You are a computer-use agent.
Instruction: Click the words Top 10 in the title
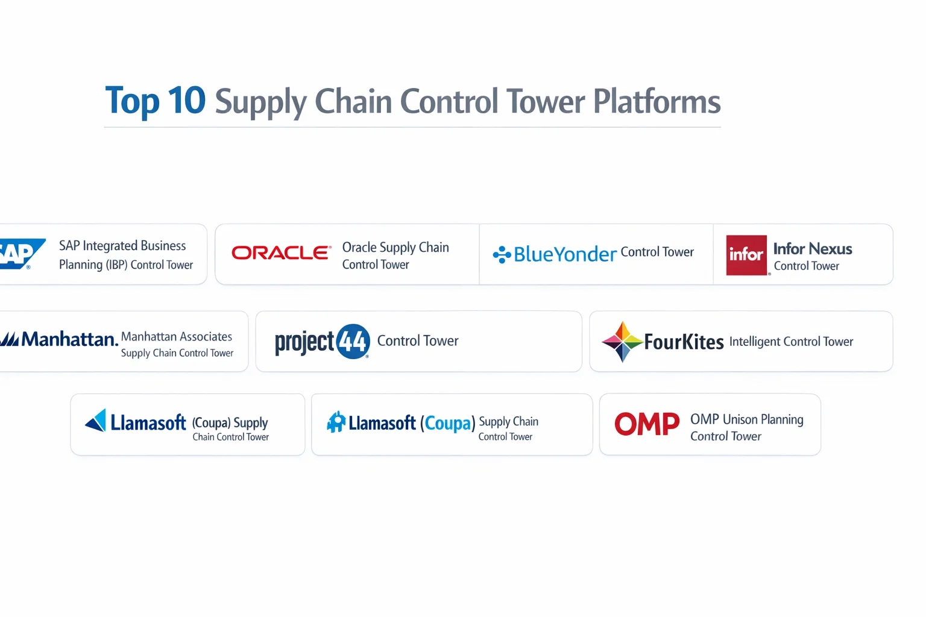[155, 100]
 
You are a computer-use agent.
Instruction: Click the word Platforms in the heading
[657, 101]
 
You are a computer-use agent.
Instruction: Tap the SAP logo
[22, 254]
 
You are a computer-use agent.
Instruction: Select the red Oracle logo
[282, 252]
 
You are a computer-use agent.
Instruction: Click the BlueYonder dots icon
[502, 254]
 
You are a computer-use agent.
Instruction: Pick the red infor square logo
[746, 255]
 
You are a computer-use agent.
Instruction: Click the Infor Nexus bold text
[813, 249]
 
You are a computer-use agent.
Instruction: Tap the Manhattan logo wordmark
[59, 339]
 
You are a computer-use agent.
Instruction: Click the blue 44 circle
[353, 342]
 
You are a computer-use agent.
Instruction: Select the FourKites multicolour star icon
[623, 342]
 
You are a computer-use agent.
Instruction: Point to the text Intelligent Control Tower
[791, 342]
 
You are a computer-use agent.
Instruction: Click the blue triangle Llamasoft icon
[96, 421]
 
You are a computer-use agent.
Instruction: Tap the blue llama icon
[336, 422]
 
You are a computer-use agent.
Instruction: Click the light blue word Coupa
[448, 423]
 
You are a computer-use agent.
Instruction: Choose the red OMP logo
[647, 424]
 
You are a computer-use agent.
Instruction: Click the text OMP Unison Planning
[747, 419]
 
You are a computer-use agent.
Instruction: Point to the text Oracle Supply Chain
[395, 247]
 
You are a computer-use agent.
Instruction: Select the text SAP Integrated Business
[122, 245]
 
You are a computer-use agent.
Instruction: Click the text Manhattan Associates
[177, 336]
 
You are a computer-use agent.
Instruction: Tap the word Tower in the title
[546, 101]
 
